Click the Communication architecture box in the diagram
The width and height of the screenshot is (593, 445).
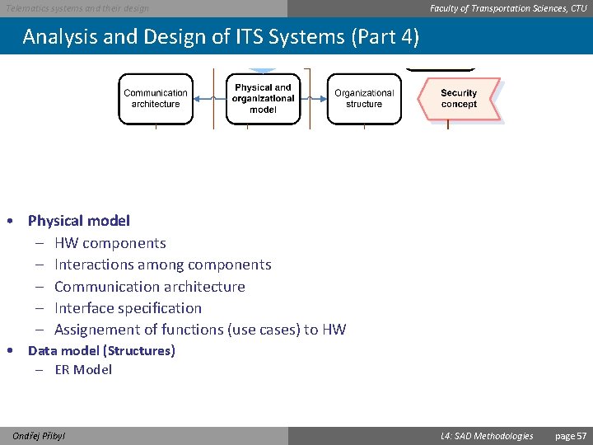coord(156,99)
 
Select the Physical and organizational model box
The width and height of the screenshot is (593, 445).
coord(263,98)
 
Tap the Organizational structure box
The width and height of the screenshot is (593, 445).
coord(364,99)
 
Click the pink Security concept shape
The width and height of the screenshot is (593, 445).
coord(458,99)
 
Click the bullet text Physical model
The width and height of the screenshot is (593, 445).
coord(79,221)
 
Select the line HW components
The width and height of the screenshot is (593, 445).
coord(110,243)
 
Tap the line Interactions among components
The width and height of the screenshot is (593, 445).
coord(162,265)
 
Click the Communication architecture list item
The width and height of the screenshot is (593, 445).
coord(149,287)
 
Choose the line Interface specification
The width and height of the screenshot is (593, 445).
coord(128,308)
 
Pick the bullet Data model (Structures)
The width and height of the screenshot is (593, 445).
coord(101,351)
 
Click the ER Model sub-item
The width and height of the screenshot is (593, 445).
coord(83,370)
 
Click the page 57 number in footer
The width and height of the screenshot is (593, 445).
coord(571,436)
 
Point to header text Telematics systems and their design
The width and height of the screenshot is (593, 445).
coord(78,8)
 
